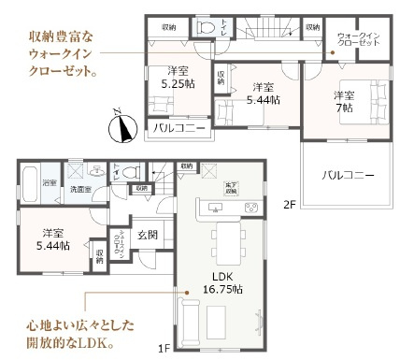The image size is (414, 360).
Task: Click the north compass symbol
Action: (x=119, y=125)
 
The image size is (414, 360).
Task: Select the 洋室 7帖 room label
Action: (x=344, y=102)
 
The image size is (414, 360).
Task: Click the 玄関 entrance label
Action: (x=149, y=236)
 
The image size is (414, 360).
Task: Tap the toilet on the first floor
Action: (x=131, y=172)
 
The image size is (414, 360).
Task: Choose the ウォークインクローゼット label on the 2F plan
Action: (x=356, y=38)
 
